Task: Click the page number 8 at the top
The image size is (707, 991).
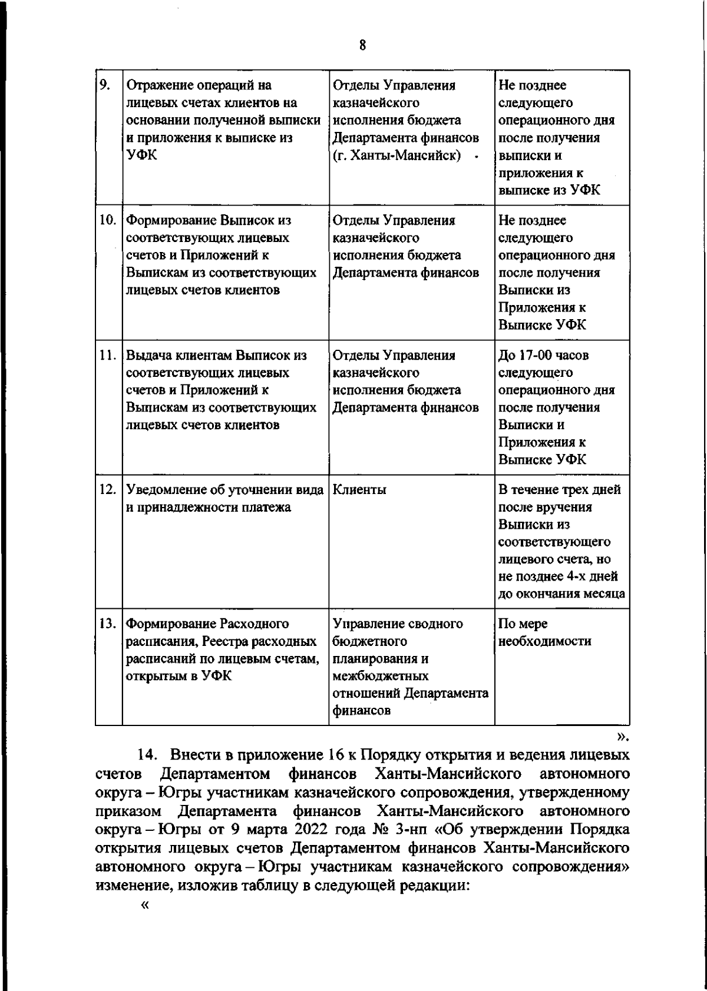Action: (362, 45)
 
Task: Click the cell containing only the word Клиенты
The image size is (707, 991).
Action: (359, 490)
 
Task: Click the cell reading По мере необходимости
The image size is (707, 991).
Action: (544, 632)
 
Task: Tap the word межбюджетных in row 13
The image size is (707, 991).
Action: (380, 675)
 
